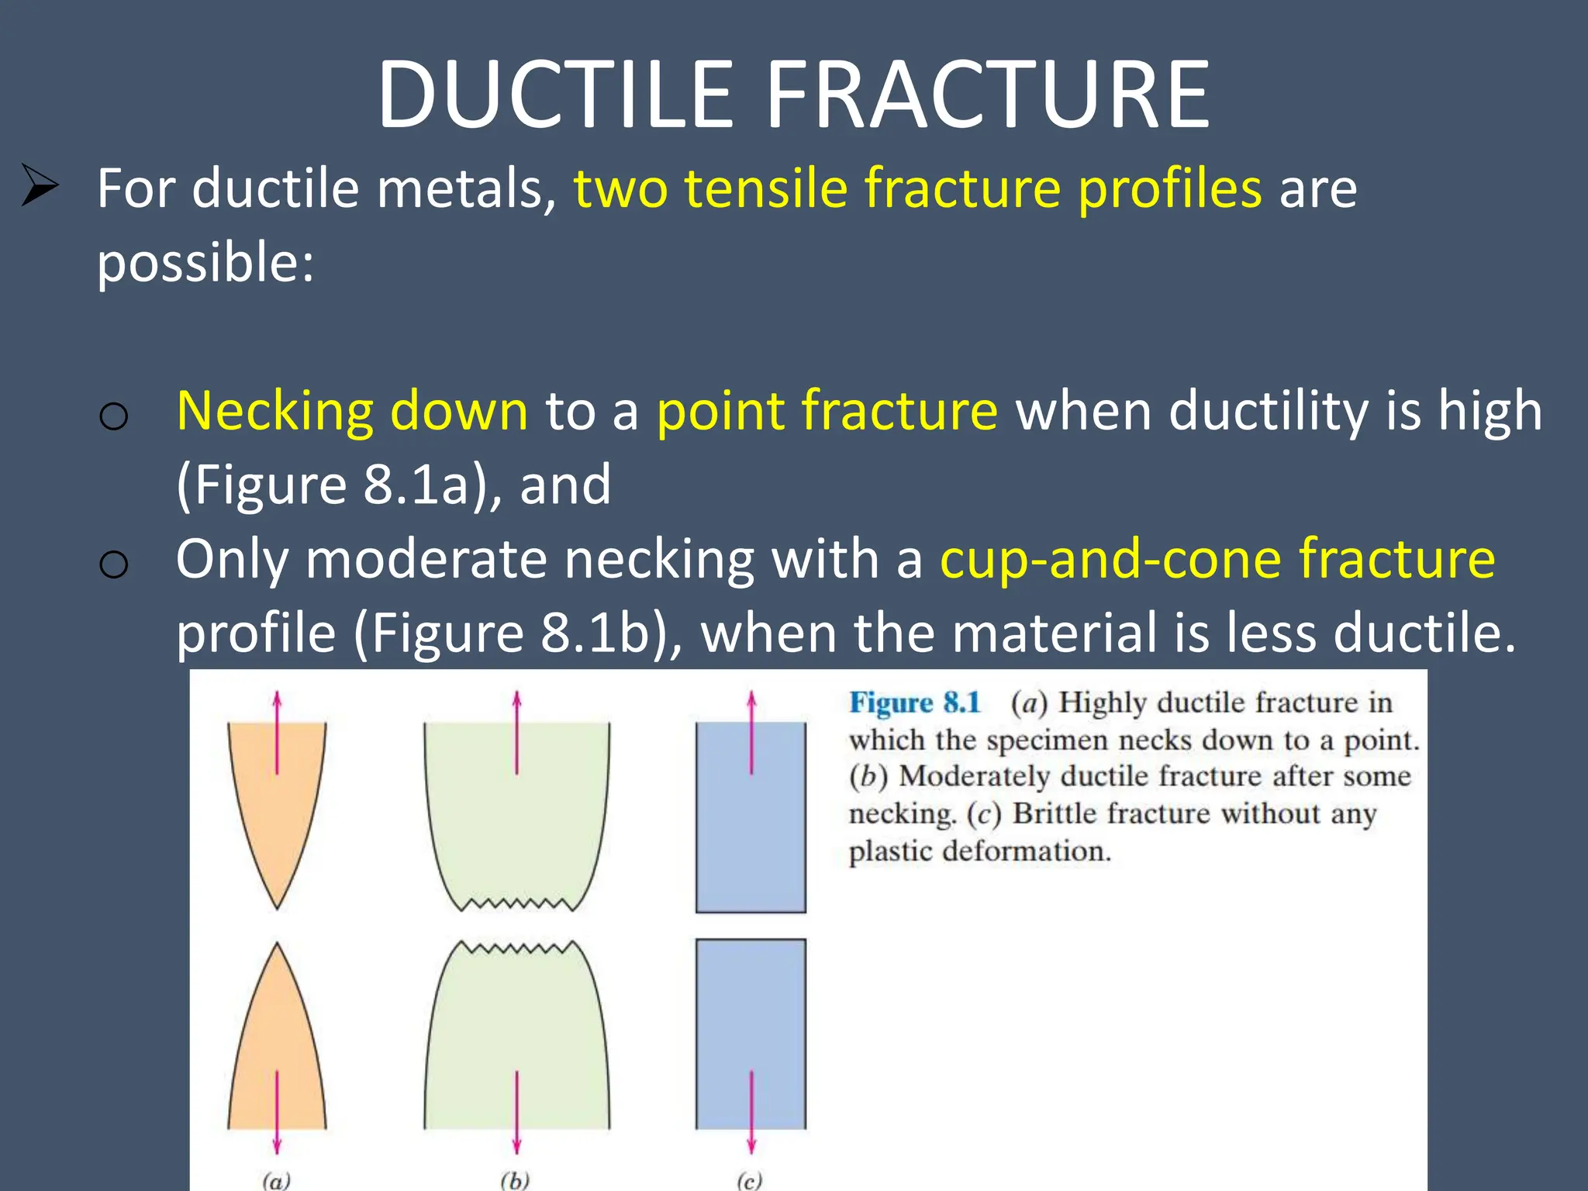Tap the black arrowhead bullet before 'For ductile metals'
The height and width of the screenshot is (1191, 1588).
(39, 185)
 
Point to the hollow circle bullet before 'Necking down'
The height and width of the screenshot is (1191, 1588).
(114, 417)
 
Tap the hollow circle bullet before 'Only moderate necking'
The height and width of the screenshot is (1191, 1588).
(114, 564)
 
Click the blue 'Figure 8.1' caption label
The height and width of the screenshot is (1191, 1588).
(915, 703)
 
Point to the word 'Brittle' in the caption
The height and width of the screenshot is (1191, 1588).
(1055, 813)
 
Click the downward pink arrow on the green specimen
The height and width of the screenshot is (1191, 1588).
(516, 1113)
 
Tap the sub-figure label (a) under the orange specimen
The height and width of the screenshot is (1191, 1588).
(276, 1180)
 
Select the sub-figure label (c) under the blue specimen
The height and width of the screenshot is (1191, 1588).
(749, 1180)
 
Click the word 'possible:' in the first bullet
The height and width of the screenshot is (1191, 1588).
(205, 262)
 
